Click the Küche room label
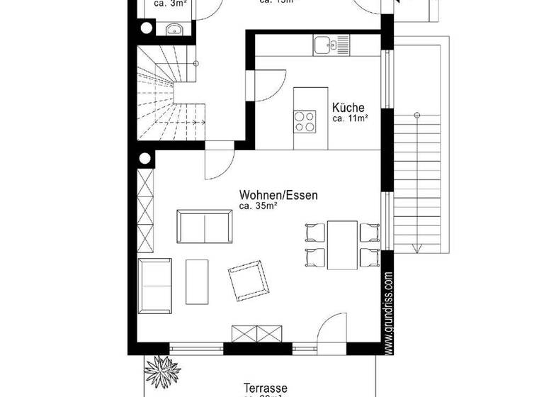(348, 108)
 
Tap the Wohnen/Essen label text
(278, 195)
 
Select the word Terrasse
(265, 388)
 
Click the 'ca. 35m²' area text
(257, 206)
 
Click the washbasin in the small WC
(174, 29)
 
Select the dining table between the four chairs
(342, 245)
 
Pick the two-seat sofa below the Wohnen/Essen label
(204, 226)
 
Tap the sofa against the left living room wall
(154, 284)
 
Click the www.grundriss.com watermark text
(388, 312)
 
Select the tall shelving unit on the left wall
(145, 213)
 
